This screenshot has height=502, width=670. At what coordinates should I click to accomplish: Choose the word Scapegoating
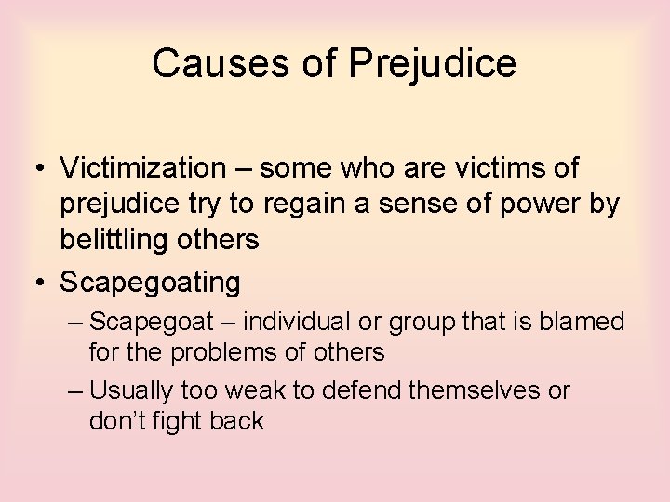click(150, 281)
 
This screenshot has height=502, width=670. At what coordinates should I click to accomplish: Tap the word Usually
click(135, 390)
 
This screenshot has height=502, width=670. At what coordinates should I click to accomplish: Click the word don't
click(115, 421)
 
